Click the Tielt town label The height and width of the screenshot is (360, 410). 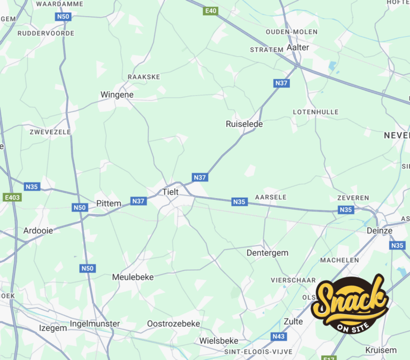[x=170, y=191]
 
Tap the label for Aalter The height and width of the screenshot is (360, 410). [x=298, y=47]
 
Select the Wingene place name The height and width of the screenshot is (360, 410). [x=117, y=95]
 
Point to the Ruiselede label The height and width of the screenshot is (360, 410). [x=245, y=123]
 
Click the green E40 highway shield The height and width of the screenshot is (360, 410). [x=211, y=11]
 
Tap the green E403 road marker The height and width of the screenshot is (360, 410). [x=12, y=197]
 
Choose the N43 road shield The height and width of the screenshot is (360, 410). [x=278, y=336]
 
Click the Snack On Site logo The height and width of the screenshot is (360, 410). [x=350, y=303]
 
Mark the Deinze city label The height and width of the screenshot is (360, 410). [x=380, y=231]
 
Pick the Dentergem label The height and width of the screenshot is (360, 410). [x=267, y=253]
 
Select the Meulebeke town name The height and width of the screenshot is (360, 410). [x=133, y=277]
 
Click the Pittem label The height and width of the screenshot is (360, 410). [x=109, y=203]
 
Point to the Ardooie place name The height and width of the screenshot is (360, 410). [x=38, y=231]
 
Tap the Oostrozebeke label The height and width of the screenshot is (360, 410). [x=174, y=324]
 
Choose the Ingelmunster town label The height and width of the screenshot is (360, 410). [x=95, y=324]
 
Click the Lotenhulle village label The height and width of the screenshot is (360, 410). [x=316, y=112]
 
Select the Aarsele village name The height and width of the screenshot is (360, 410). [x=271, y=197]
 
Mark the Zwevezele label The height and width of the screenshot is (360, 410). [x=50, y=131]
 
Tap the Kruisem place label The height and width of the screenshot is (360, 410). [x=381, y=350]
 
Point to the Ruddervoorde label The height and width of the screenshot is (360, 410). [x=46, y=33]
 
